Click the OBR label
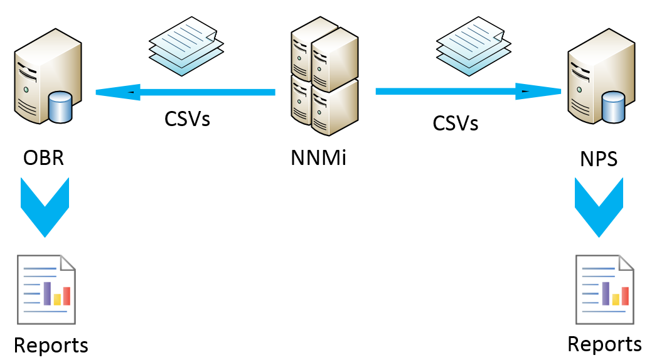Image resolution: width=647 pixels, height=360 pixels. (x=43, y=157)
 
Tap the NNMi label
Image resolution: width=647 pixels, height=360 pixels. (x=319, y=157)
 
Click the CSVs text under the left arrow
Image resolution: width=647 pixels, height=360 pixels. (x=187, y=119)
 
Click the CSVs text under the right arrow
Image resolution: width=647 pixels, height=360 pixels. (x=456, y=122)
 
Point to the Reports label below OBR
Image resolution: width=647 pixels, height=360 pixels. (x=51, y=344)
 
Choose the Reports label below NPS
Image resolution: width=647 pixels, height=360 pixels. (x=604, y=344)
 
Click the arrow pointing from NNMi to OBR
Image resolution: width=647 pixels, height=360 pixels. (x=185, y=93)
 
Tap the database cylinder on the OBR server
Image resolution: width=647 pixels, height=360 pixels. (x=61, y=107)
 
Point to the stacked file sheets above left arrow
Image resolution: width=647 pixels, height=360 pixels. (x=186, y=47)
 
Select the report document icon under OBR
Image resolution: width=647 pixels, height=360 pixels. (x=46, y=289)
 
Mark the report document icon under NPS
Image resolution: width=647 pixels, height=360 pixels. (x=605, y=289)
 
